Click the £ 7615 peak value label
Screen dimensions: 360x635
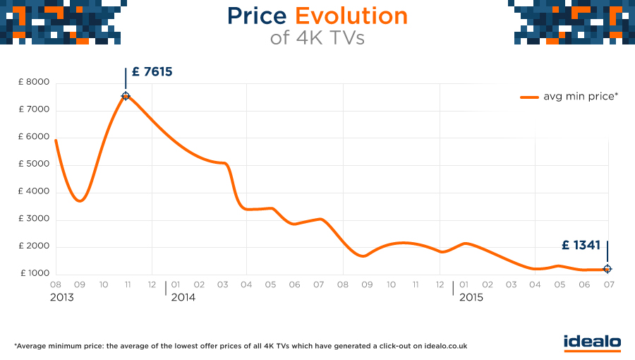152,72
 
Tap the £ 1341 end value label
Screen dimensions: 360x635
581,246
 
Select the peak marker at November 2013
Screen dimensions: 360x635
126,96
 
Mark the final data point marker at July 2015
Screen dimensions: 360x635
607,269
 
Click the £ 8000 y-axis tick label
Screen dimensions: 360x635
34,83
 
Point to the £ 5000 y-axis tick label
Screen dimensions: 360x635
34,164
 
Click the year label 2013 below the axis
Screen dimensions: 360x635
61,298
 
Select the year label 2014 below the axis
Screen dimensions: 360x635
183,298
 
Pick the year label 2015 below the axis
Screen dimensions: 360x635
471,298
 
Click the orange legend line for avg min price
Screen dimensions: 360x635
529,97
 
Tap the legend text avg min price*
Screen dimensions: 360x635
580,97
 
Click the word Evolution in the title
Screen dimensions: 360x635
351,16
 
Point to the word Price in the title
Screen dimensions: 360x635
258,16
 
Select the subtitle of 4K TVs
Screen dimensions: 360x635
317,38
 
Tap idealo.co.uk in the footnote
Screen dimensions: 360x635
443,347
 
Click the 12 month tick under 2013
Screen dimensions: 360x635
151,284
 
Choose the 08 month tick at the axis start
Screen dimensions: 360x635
55,284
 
